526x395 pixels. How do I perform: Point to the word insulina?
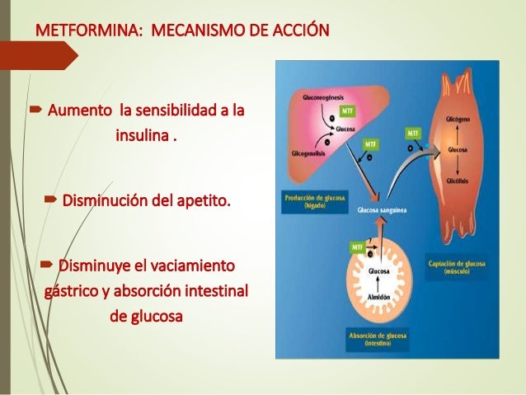143,134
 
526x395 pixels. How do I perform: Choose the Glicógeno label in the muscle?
458,118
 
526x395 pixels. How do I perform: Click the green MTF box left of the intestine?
356,245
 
